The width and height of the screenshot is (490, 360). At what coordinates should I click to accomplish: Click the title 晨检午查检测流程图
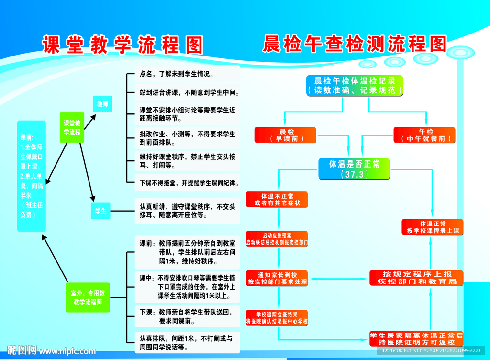click(x=355, y=44)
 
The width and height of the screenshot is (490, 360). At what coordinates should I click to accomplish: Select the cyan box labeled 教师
click(x=102, y=104)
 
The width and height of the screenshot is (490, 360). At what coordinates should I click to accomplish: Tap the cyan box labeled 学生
click(x=101, y=211)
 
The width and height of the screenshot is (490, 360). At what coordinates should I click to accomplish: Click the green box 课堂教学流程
click(x=72, y=128)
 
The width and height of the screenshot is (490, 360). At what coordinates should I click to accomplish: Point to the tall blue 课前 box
click(x=32, y=176)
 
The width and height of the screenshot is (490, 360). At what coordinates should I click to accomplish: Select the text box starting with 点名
click(x=187, y=74)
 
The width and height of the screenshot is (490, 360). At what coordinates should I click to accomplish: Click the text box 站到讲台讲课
click(x=187, y=92)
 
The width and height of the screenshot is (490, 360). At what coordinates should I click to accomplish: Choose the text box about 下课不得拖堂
click(x=187, y=183)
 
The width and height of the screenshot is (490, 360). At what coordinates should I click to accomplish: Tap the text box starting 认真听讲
click(x=187, y=211)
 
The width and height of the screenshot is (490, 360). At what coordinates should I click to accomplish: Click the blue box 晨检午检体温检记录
click(x=355, y=85)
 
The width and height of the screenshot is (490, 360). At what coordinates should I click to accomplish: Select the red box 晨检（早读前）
click(x=286, y=135)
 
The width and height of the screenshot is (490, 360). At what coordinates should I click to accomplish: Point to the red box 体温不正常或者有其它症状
click(x=277, y=200)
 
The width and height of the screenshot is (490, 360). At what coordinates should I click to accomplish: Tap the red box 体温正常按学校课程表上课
click(x=432, y=227)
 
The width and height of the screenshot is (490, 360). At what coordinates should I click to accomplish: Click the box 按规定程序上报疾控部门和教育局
click(x=416, y=278)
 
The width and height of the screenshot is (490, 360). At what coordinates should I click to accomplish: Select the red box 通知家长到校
click(x=277, y=278)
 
